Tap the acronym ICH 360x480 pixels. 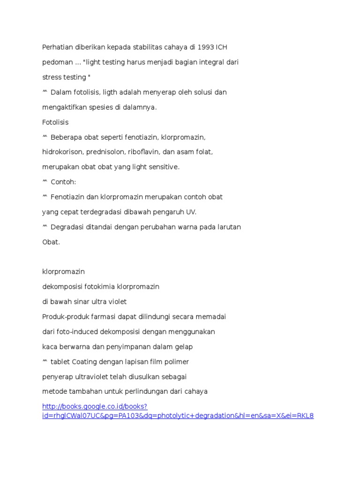(222, 47)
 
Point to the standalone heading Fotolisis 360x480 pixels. (55, 122)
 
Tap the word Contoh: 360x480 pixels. (63, 182)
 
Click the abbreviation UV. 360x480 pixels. (191, 212)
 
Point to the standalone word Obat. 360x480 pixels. (51, 242)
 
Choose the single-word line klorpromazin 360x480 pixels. (63, 271)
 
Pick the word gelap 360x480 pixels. (183, 346)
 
